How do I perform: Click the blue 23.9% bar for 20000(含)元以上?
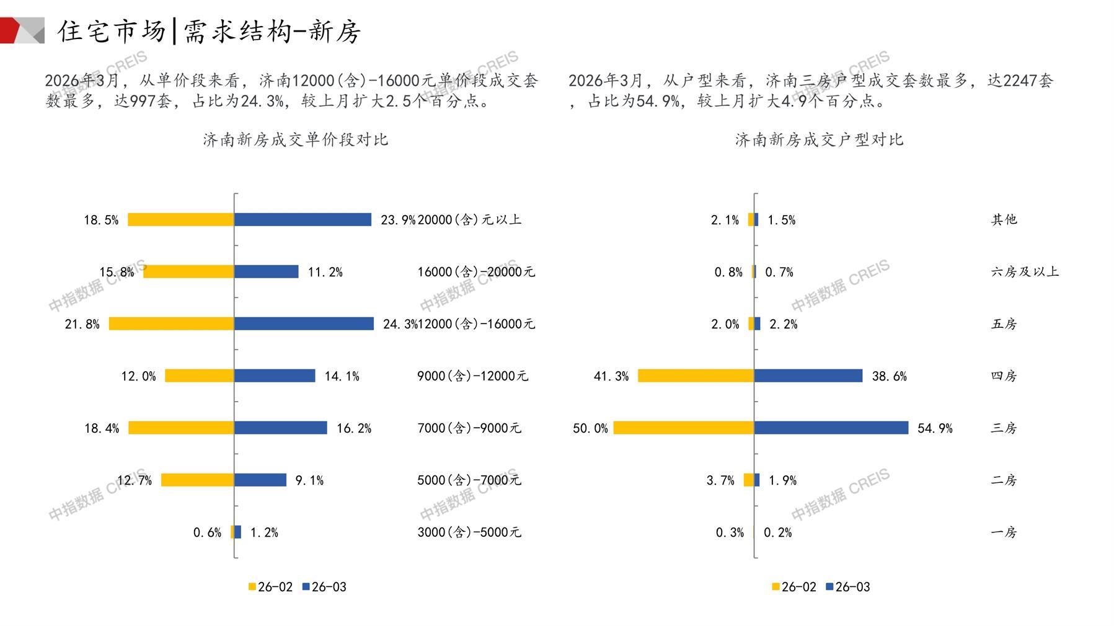point(303,219)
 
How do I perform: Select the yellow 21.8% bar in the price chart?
point(171,324)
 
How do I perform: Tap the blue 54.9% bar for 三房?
point(831,428)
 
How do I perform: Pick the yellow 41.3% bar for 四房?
point(696,376)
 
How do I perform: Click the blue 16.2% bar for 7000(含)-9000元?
point(280,428)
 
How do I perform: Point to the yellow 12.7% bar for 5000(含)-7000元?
point(197,480)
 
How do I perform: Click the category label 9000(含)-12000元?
point(472,376)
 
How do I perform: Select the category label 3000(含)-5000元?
point(469,532)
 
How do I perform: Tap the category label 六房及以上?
point(1025,271)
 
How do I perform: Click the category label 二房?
point(1004,480)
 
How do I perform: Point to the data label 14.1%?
point(342,376)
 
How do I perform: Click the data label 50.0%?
point(590,428)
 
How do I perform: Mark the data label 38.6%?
point(889,376)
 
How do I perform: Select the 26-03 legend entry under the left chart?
point(324,587)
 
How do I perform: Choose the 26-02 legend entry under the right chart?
point(794,587)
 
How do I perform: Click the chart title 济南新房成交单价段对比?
point(295,139)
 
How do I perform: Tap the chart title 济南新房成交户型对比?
point(819,139)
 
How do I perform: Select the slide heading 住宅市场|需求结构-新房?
point(210,31)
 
